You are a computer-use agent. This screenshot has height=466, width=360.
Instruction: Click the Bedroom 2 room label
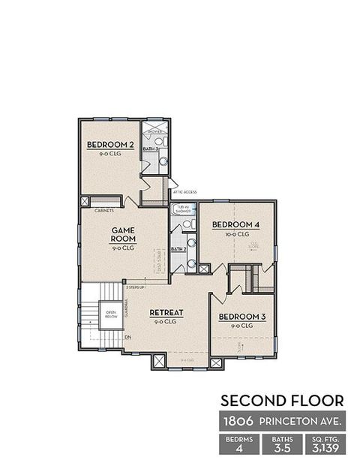(110, 145)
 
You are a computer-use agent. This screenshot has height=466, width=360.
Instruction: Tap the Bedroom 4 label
(235, 225)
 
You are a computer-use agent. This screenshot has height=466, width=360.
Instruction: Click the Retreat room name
(166, 312)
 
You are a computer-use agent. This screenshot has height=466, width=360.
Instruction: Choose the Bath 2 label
(178, 249)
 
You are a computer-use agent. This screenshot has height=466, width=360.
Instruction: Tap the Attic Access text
(184, 193)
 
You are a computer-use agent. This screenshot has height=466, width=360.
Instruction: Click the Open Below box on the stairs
(110, 315)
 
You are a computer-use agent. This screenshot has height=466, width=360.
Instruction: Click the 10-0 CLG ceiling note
(235, 234)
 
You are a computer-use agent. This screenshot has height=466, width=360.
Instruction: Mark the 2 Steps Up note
(136, 287)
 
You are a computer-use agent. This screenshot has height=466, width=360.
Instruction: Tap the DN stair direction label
(128, 336)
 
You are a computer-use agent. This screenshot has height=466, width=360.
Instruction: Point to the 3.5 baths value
(282, 449)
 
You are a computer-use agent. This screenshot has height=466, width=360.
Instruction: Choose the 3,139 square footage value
(325, 449)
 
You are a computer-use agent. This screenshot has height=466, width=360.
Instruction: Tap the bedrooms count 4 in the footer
(238, 449)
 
